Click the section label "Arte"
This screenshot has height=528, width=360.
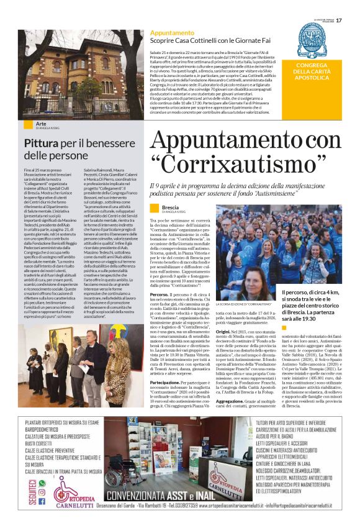[42, 124]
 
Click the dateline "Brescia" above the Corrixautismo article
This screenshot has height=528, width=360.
[170, 207]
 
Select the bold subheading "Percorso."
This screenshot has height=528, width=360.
[160, 294]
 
